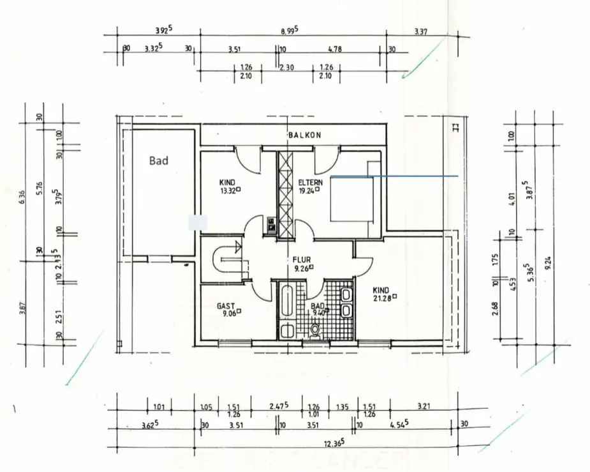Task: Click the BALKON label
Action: tap(304, 135)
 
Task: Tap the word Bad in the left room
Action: tap(159, 161)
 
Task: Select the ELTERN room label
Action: tap(311, 182)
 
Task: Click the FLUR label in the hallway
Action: tap(302, 260)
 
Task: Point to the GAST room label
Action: tap(226, 306)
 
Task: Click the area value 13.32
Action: tap(228, 190)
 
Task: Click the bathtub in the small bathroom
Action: tap(286, 300)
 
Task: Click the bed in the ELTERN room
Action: tap(351, 198)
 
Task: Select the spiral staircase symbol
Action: tap(228, 260)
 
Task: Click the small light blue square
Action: tap(197, 222)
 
